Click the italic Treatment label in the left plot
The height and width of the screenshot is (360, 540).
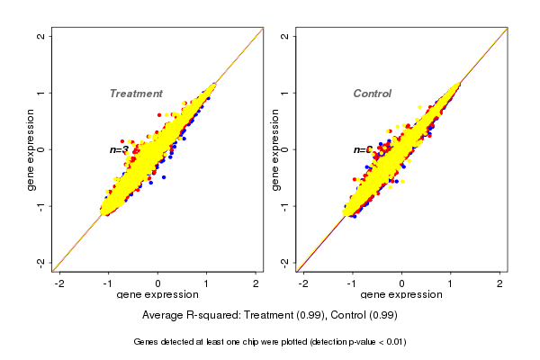coord(136,94)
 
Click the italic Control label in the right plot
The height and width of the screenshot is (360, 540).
coord(372,94)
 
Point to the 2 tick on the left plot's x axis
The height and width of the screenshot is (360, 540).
coord(256,283)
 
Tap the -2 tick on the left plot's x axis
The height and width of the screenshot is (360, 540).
coord(59,283)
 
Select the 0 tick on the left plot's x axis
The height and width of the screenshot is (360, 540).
coord(157,283)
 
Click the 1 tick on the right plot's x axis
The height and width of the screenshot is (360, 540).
coord(451,283)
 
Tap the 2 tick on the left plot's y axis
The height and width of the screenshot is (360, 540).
coord(41,36)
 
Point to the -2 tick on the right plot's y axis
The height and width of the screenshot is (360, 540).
coord(285,262)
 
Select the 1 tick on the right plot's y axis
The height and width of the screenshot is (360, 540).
coord(285,93)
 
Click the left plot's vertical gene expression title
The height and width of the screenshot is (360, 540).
coord(31,149)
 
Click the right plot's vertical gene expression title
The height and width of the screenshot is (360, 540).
coord(275,149)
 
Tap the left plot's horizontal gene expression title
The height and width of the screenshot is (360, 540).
coord(157,295)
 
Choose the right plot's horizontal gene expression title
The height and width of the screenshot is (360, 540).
coord(401,295)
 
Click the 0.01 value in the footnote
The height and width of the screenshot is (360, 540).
coord(393,342)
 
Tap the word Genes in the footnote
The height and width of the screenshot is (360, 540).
coord(147,342)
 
